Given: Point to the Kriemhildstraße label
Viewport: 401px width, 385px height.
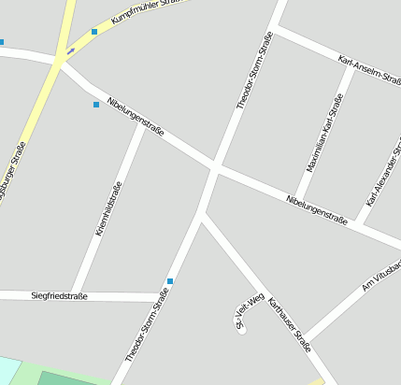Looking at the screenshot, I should point(110,207).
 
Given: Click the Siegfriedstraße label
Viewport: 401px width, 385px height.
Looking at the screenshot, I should point(59,296).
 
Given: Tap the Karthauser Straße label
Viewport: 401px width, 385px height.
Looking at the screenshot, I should point(289,324).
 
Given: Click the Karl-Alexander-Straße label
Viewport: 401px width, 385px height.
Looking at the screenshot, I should point(384,174).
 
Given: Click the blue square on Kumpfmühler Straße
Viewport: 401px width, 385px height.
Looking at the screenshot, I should point(94,32).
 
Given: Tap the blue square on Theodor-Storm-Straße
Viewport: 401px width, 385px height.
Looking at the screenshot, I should point(170,280).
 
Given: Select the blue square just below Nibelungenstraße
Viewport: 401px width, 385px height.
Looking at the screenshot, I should point(95,105).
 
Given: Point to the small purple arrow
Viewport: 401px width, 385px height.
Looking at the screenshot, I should point(70,50).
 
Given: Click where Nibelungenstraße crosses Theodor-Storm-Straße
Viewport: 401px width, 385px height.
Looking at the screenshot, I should point(215,168).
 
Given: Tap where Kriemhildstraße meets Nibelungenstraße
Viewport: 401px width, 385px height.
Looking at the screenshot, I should point(141,125).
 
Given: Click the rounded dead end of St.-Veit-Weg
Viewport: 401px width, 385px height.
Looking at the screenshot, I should point(241,328).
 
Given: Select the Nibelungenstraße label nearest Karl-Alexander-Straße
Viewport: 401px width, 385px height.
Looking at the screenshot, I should point(317,210).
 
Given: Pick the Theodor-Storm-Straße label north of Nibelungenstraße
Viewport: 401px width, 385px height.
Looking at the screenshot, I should point(253,70).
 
